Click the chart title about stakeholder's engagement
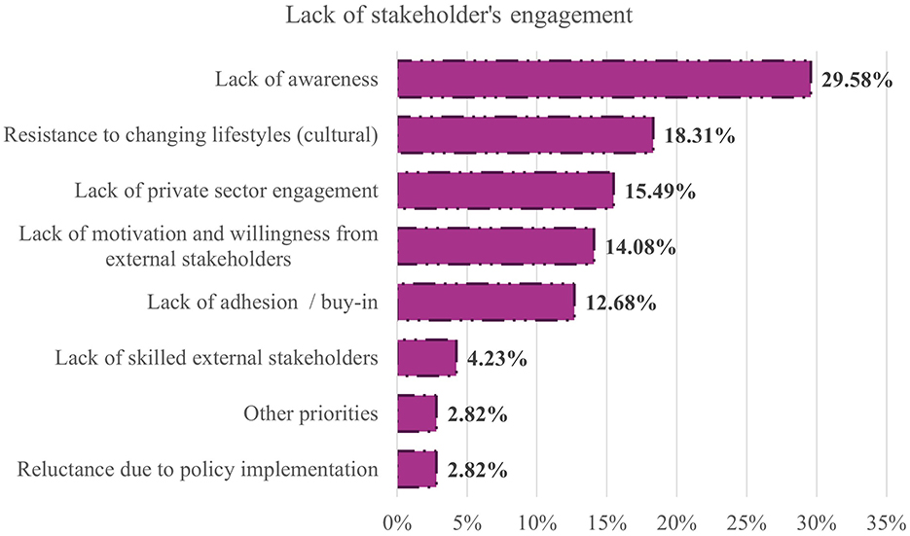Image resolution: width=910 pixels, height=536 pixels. click(x=455, y=17)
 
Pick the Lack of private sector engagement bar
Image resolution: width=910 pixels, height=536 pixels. click(x=505, y=191)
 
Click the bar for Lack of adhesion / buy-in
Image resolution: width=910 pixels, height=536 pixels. click(x=486, y=303)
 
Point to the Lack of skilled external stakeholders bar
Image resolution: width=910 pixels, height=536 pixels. click(x=426, y=358)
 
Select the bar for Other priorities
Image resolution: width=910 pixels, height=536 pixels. click(x=417, y=414)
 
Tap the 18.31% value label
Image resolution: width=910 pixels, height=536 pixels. click(x=699, y=136)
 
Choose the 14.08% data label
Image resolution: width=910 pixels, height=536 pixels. click(x=640, y=247)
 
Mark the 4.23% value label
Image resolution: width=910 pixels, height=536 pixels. click(x=497, y=359)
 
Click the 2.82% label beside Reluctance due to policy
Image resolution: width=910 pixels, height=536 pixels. click(x=478, y=471)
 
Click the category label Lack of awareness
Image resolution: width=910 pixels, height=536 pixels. click(x=296, y=80)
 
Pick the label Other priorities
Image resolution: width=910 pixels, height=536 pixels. click(x=310, y=414)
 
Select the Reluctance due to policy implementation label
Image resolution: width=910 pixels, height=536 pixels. click(x=198, y=471)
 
